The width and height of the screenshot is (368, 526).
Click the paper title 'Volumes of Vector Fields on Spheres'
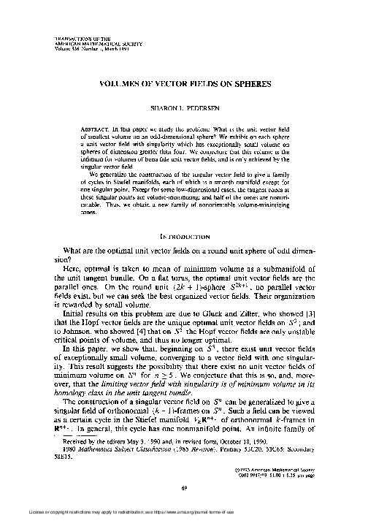point(183,83)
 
